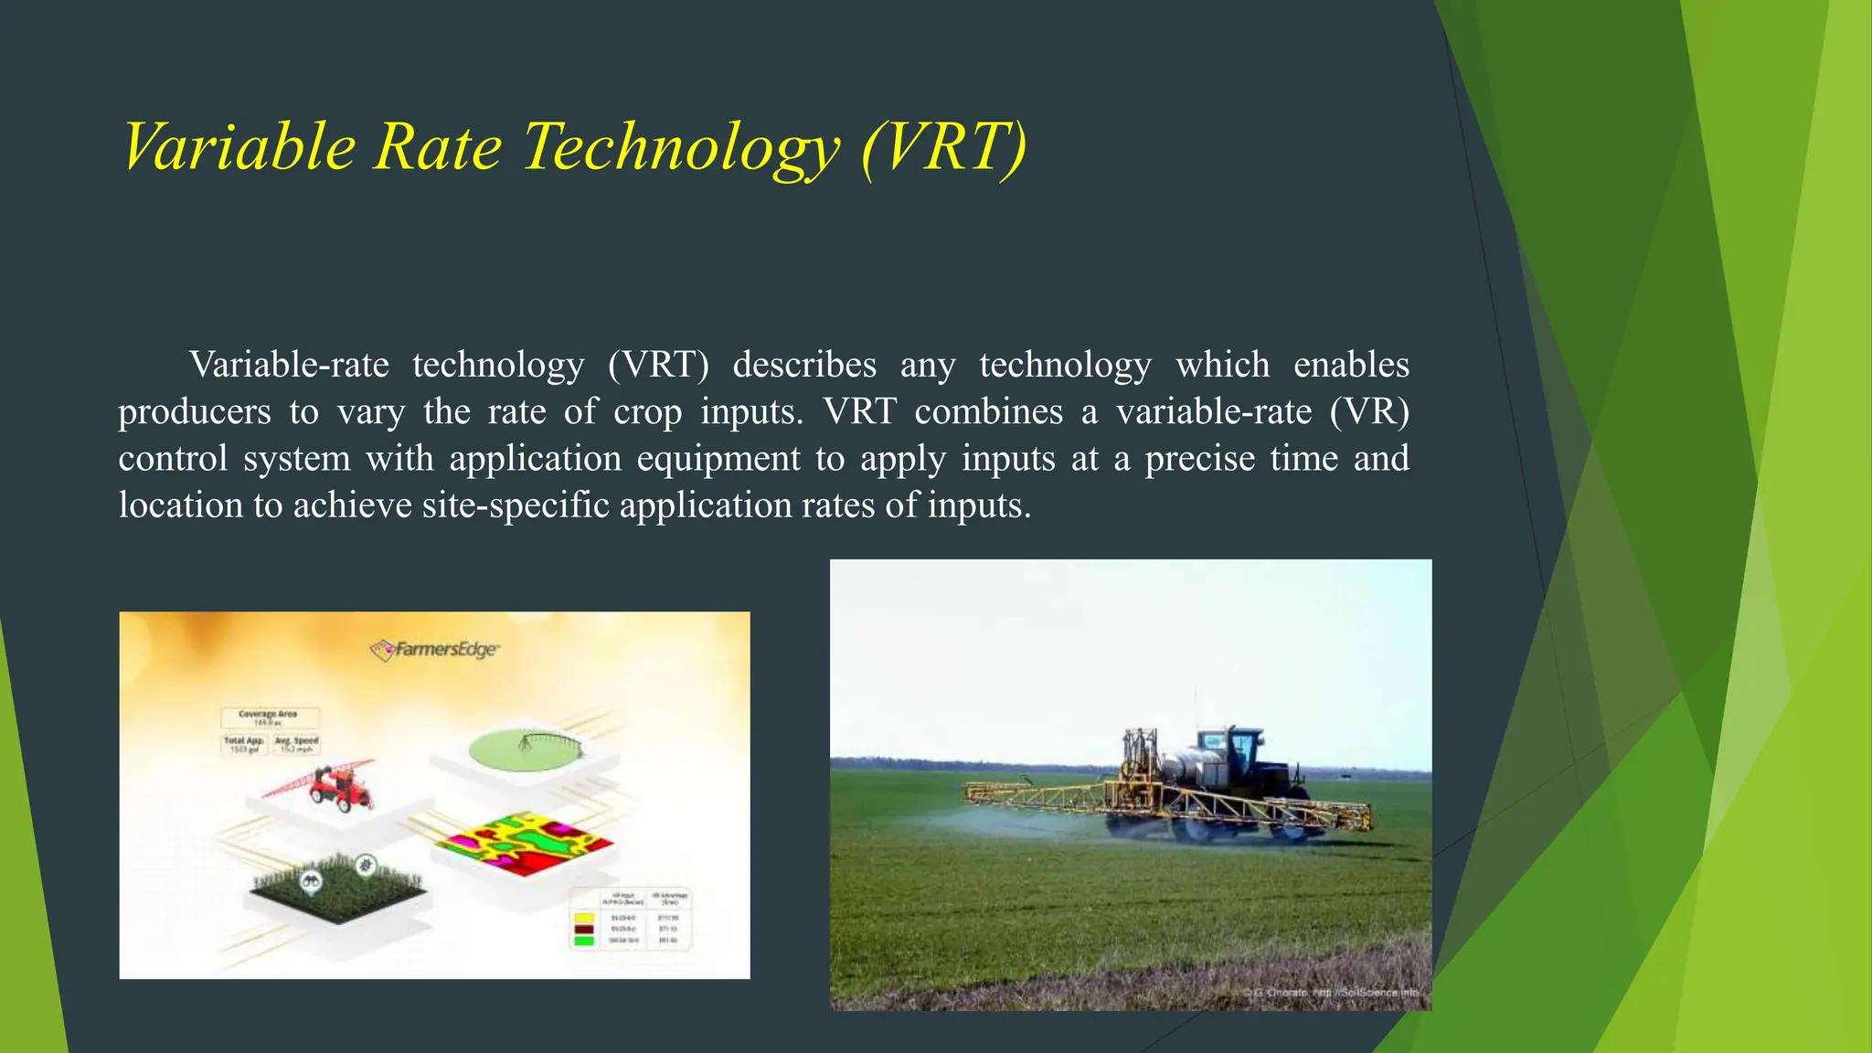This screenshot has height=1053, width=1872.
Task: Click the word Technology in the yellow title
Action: tap(680, 148)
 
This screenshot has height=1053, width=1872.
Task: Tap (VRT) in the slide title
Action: tap(943, 148)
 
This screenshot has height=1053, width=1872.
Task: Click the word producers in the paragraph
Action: tap(194, 412)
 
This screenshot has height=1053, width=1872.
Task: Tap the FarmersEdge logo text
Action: tap(445, 650)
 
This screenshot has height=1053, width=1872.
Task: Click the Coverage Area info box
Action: tap(270, 718)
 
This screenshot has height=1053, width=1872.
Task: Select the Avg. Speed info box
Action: tap(297, 745)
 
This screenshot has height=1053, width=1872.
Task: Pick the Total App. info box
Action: tap(244, 745)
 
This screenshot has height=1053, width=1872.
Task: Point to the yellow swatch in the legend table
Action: tap(583, 918)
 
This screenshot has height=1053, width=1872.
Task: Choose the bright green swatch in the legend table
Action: tap(583, 941)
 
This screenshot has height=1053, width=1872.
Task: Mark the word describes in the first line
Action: tap(804, 366)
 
